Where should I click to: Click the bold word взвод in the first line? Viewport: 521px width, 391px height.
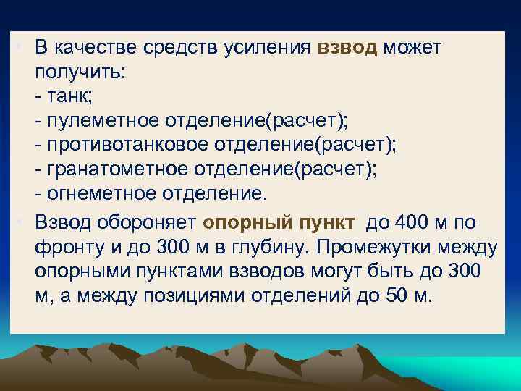click(x=348, y=48)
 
